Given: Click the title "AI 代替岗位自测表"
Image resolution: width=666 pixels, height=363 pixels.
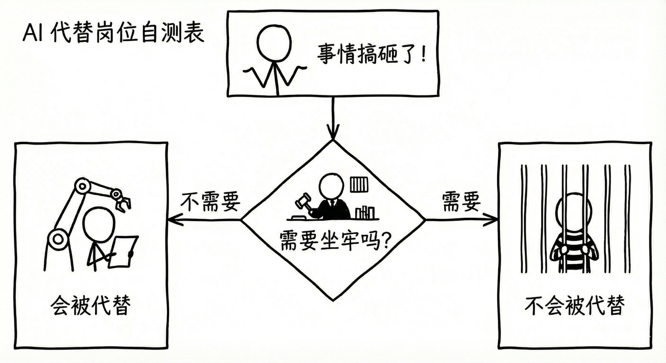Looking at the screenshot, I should pos(114,33).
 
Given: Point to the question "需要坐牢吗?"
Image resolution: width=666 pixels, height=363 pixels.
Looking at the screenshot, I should pos(336,241).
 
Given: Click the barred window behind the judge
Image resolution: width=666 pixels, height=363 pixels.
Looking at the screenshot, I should pos(358,184).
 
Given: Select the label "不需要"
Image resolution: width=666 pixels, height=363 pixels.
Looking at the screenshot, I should pos(210,202).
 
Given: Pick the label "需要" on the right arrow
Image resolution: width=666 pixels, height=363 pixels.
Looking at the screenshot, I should pos(461,202).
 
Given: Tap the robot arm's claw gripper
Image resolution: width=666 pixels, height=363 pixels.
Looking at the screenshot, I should pos(123,202).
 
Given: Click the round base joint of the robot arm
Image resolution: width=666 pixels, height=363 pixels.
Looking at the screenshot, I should pos(57,240).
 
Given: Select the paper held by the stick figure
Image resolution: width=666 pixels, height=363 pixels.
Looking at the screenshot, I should pos(122,251).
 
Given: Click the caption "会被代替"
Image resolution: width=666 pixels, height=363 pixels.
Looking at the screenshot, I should pos(91,306).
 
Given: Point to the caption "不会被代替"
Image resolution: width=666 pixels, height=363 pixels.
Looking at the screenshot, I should pos(575,306).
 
